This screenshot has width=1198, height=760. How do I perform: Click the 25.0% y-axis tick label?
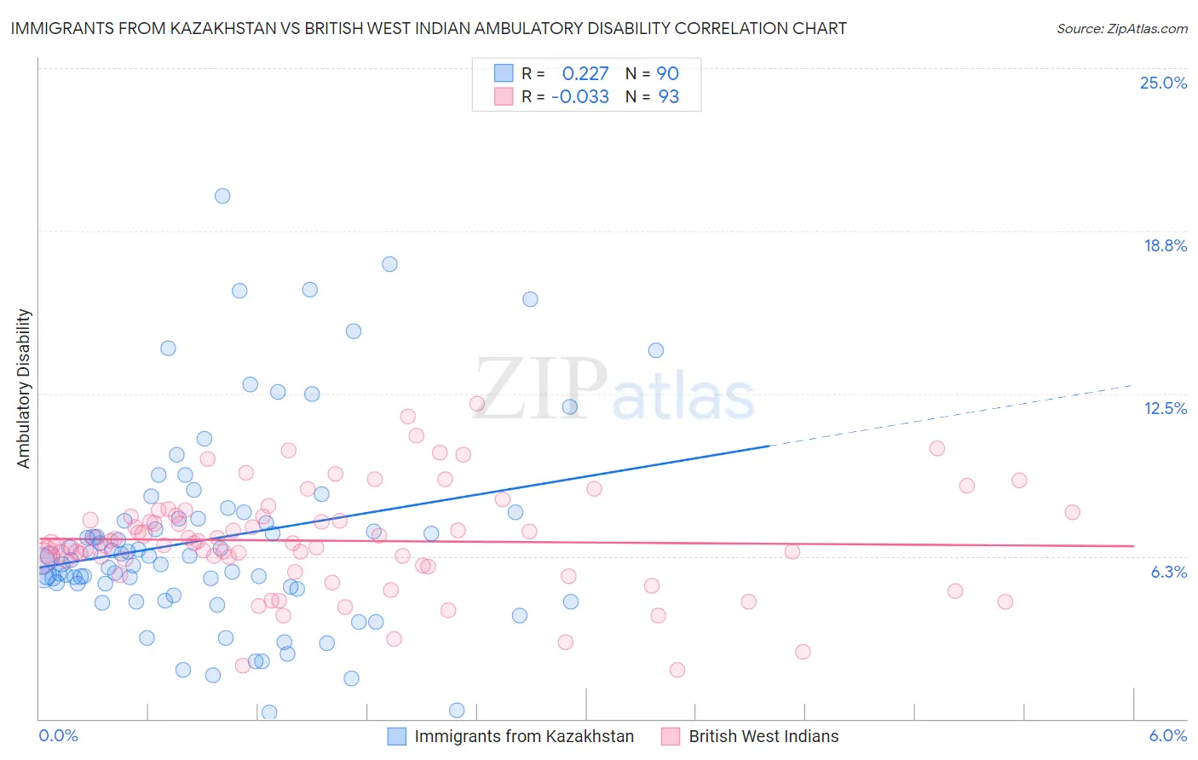[x=1163, y=83]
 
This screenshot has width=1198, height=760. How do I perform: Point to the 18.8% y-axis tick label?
[x=1165, y=245]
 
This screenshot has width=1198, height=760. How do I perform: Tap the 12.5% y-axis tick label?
[x=1165, y=408]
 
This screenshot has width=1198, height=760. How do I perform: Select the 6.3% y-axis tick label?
[x=1168, y=572]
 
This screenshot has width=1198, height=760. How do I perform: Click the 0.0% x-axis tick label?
[x=58, y=735]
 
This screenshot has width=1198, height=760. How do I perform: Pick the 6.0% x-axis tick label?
[x=1167, y=735]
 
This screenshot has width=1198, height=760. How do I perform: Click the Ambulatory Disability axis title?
[x=24, y=388]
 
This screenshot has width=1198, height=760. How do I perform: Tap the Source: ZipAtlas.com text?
[x=1121, y=28]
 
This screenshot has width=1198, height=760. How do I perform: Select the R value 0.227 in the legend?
[x=585, y=73]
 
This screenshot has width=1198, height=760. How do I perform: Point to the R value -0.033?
[x=579, y=96]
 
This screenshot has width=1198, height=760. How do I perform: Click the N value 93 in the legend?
[x=668, y=96]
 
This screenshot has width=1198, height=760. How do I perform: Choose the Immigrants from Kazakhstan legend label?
[x=524, y=736]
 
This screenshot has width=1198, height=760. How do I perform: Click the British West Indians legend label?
[x=763, y=736]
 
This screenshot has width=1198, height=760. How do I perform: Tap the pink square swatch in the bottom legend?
[x=671, y=736]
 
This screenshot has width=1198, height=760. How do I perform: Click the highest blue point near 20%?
[x=222, y=196]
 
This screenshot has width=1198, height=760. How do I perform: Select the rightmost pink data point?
[x=1072, y=512]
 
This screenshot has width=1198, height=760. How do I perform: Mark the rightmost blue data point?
[x=656, y=350]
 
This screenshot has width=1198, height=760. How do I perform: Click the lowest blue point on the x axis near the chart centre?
[x=457, y=711]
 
